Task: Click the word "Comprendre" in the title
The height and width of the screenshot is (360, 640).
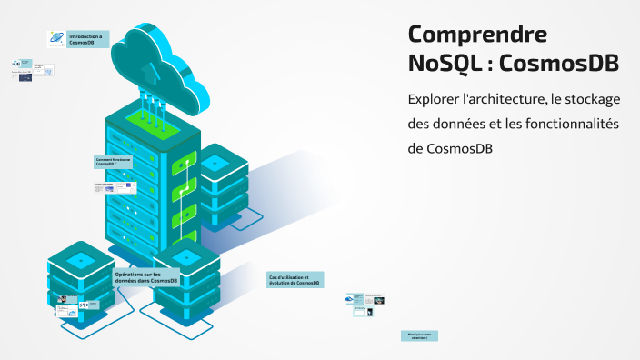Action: point(477,35)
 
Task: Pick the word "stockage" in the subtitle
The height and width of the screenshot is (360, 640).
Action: point(592,99)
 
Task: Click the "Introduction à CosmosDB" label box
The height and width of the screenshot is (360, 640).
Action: point(89,39)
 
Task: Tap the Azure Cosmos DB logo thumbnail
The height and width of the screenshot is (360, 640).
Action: point(56,39)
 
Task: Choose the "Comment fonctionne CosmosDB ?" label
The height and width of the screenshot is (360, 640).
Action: point(114,162)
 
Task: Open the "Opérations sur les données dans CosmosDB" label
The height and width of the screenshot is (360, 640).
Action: point(145,277)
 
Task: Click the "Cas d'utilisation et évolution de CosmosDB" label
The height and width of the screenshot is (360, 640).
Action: point(294,279)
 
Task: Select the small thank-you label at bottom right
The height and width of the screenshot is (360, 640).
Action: point(419,335)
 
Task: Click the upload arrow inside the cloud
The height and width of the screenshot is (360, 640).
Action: point(152,69)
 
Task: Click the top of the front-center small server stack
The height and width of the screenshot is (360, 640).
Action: point(188,258)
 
